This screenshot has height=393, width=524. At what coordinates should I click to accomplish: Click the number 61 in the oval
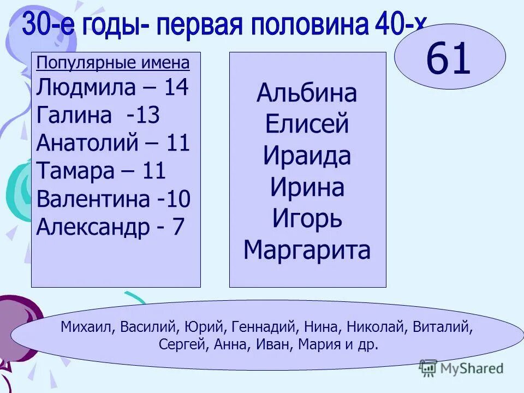pyautogui.click(x=448, y=59)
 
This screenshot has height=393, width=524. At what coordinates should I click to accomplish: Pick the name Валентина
pyautogui.click(x=93, y=199)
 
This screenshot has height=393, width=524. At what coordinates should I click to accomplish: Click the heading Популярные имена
pyautogui.click(x=113, y=63)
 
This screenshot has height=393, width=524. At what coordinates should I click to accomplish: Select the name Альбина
pyautogui.click(x=307, y=93)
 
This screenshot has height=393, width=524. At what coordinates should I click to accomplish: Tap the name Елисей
pyautogui.click(x=307, y=125)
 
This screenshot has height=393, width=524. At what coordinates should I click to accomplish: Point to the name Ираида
pyautogui.click(x=307, y=157)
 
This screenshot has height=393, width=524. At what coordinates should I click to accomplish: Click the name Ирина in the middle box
pyautogui.click(x=307, y=188)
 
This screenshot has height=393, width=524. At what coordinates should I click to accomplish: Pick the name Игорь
pyautogui.click(x=307, y=219)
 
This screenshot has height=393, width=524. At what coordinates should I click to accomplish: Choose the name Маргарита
pyautogui.click(x=307, y=251)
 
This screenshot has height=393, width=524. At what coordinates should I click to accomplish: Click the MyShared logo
pyautogui.click(x=461, y=368)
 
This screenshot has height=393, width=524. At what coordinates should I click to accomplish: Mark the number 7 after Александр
pyautogui.click(x=178, y=227)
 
